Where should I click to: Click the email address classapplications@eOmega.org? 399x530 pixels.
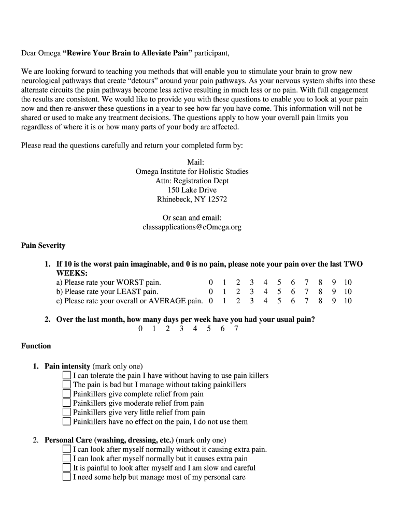coord(192,227)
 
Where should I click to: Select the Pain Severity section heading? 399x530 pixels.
coord(43,245)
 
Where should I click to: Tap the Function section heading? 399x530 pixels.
coord(36,346)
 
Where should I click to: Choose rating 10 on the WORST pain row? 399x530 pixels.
coord(347,283)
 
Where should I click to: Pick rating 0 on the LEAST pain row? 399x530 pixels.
coord(210,292)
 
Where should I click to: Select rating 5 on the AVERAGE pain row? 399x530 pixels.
coord(279,301)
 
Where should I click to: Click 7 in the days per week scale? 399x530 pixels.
coord(236,329)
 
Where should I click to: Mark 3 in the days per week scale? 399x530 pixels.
coord(181,329)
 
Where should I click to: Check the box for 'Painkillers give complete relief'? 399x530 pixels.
coord(66,394)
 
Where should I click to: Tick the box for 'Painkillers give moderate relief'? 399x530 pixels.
coord(66,403)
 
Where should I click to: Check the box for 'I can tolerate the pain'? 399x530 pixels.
coord(66,375)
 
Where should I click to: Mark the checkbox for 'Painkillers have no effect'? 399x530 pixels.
coord(66,422)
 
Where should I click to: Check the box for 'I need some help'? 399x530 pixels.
coord(66,477)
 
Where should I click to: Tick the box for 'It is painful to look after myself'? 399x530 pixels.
coord(66,468)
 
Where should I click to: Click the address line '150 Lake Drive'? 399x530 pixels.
coord(192,190)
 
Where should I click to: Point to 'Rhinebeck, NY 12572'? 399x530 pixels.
coord(192,199)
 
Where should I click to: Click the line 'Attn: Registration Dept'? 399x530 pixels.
coord(192,181)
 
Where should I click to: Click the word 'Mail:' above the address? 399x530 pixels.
coord(192,162)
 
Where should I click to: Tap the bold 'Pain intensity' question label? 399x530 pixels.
coord(67,366)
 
